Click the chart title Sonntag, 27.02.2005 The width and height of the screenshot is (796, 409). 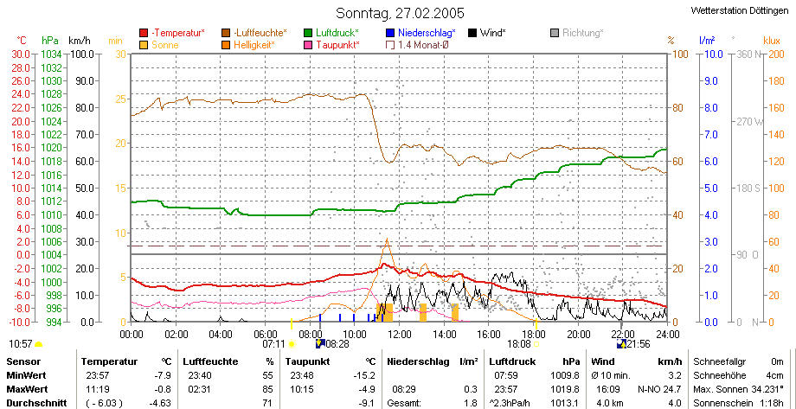[x=400, y=13]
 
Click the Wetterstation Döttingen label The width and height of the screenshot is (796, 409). [x=741, y=10]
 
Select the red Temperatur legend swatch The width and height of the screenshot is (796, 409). [x=144, y=33]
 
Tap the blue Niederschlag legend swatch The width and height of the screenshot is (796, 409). [x=390, y=33]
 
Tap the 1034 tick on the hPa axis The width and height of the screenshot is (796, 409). [x=52, y=54]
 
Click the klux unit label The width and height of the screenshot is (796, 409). [x=771, y=40]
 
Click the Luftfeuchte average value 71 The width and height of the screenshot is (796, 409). [x=268, y=404]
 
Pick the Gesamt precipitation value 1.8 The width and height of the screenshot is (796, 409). [x=472, y=404]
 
